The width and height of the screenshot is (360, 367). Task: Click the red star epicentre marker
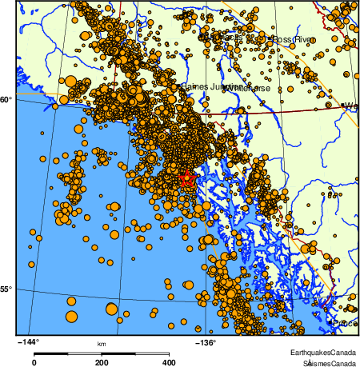tap(187, 179)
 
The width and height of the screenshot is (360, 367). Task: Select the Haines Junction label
tap(204, 86)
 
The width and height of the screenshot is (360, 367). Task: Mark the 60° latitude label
tap(7, 99)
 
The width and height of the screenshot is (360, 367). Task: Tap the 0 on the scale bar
tap(34, 362)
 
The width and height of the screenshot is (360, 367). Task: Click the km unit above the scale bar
tap(102, 345)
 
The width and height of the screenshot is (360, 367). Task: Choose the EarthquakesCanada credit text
tap(322, 353)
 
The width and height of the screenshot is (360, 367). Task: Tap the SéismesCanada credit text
tap(324, 362)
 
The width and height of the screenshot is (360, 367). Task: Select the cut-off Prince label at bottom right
tap(346, 322)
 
